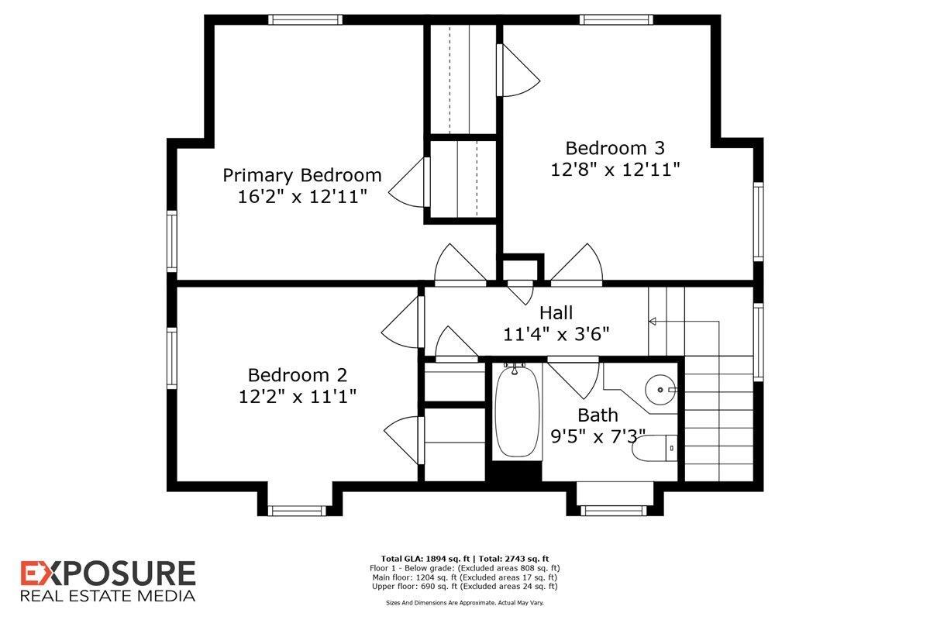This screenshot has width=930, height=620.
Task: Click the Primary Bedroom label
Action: (x=302, y=174)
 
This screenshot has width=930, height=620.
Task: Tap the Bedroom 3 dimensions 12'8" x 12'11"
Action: (x=615, y=169)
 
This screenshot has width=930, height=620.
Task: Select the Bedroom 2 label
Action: (x=298, y=375)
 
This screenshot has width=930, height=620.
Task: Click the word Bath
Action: (x=598, y=415)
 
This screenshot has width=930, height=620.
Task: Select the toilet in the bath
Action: (x=653, y=448)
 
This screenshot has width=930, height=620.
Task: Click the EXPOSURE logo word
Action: (x=108, y=574)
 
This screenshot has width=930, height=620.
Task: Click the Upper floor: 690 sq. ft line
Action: (x=465, y=587)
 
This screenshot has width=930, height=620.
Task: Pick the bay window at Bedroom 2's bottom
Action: (x=294, y=510)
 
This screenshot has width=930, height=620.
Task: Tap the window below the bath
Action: (x=612, y=510)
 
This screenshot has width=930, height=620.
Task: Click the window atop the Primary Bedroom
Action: (x=305, y=20)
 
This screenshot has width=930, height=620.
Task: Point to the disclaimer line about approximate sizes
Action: (x=464, y=601)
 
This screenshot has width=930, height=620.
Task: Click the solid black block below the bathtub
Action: (x=517, y=472)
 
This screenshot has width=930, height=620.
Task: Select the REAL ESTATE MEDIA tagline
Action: (x=108, y=596)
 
